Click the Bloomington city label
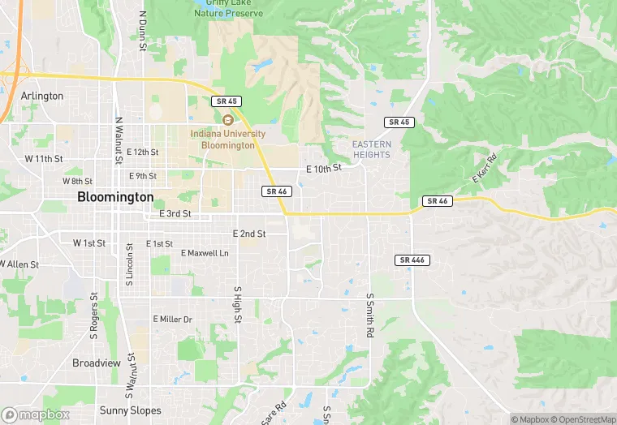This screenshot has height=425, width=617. tap(114, 197)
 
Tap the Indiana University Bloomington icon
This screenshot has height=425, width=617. tap(228, 120)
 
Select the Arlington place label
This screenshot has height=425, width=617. tap(42, 96)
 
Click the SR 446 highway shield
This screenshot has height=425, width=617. tap(413, 260)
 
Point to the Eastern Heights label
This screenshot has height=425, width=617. tap(372, 149)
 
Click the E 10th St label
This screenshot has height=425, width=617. tap(324, 169)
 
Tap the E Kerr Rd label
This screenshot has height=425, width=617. tap(484, 168)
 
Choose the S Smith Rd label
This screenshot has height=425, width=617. tap(369, 316)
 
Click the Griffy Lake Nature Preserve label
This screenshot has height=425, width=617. tap(228, 8)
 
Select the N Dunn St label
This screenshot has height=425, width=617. tap(142, 31)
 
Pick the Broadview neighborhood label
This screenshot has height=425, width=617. tap(97, 363)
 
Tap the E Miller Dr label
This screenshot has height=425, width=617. tap(173, 320)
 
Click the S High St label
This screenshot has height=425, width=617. tap(237, 304)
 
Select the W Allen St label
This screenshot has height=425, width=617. tap(19, 264)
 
